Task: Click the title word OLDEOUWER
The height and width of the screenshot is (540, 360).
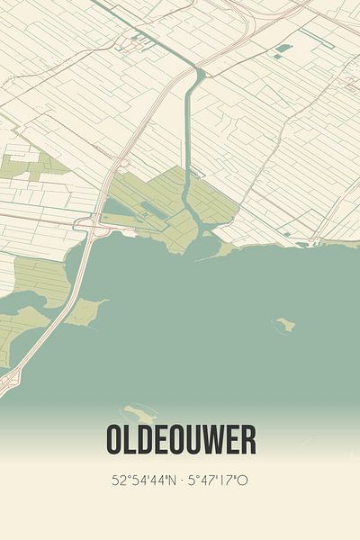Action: tap(180, 440)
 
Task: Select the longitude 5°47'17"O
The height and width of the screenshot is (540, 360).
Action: tap(218, 481)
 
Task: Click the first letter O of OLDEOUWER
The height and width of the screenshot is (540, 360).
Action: tap(114, 440)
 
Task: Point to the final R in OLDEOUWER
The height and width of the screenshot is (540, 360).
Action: tap(247, 440)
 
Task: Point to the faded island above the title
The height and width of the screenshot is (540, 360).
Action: tap(141, 413)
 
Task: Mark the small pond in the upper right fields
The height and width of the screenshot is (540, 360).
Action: tap(283, 48)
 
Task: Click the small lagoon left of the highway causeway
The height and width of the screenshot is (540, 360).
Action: tap(22, 301)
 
